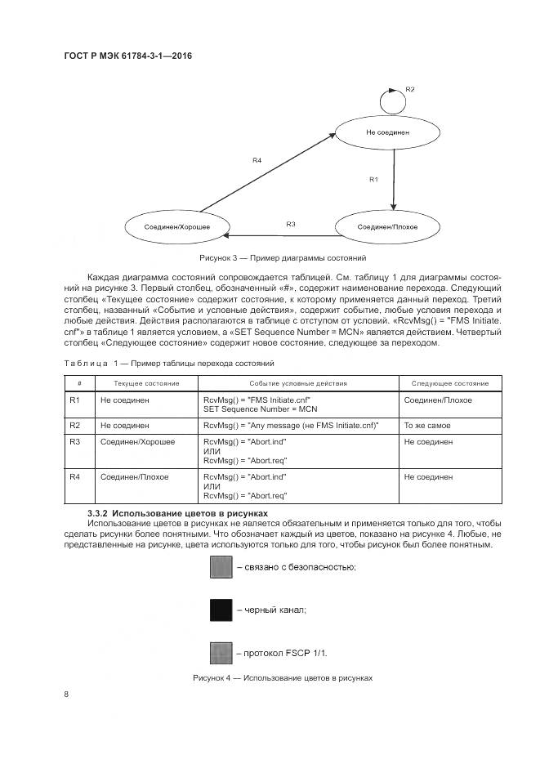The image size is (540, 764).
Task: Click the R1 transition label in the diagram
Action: click(373, 178)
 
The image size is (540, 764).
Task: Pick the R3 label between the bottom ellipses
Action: click(290, 223)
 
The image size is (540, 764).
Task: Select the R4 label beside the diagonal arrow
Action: click(257, 160)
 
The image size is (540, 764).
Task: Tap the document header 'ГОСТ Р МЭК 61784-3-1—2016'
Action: click(128, 56)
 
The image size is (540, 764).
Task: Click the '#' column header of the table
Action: click(79, 383)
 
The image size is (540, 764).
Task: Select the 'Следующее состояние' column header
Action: click(450, 383)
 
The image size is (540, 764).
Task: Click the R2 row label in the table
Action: click(74, 426)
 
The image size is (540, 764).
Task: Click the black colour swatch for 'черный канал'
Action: click(221, 610)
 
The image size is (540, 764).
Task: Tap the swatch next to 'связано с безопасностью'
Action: click(221, 566)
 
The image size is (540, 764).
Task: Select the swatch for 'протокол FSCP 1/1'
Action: click(221, 652)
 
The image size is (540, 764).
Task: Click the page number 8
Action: click(66, 695)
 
